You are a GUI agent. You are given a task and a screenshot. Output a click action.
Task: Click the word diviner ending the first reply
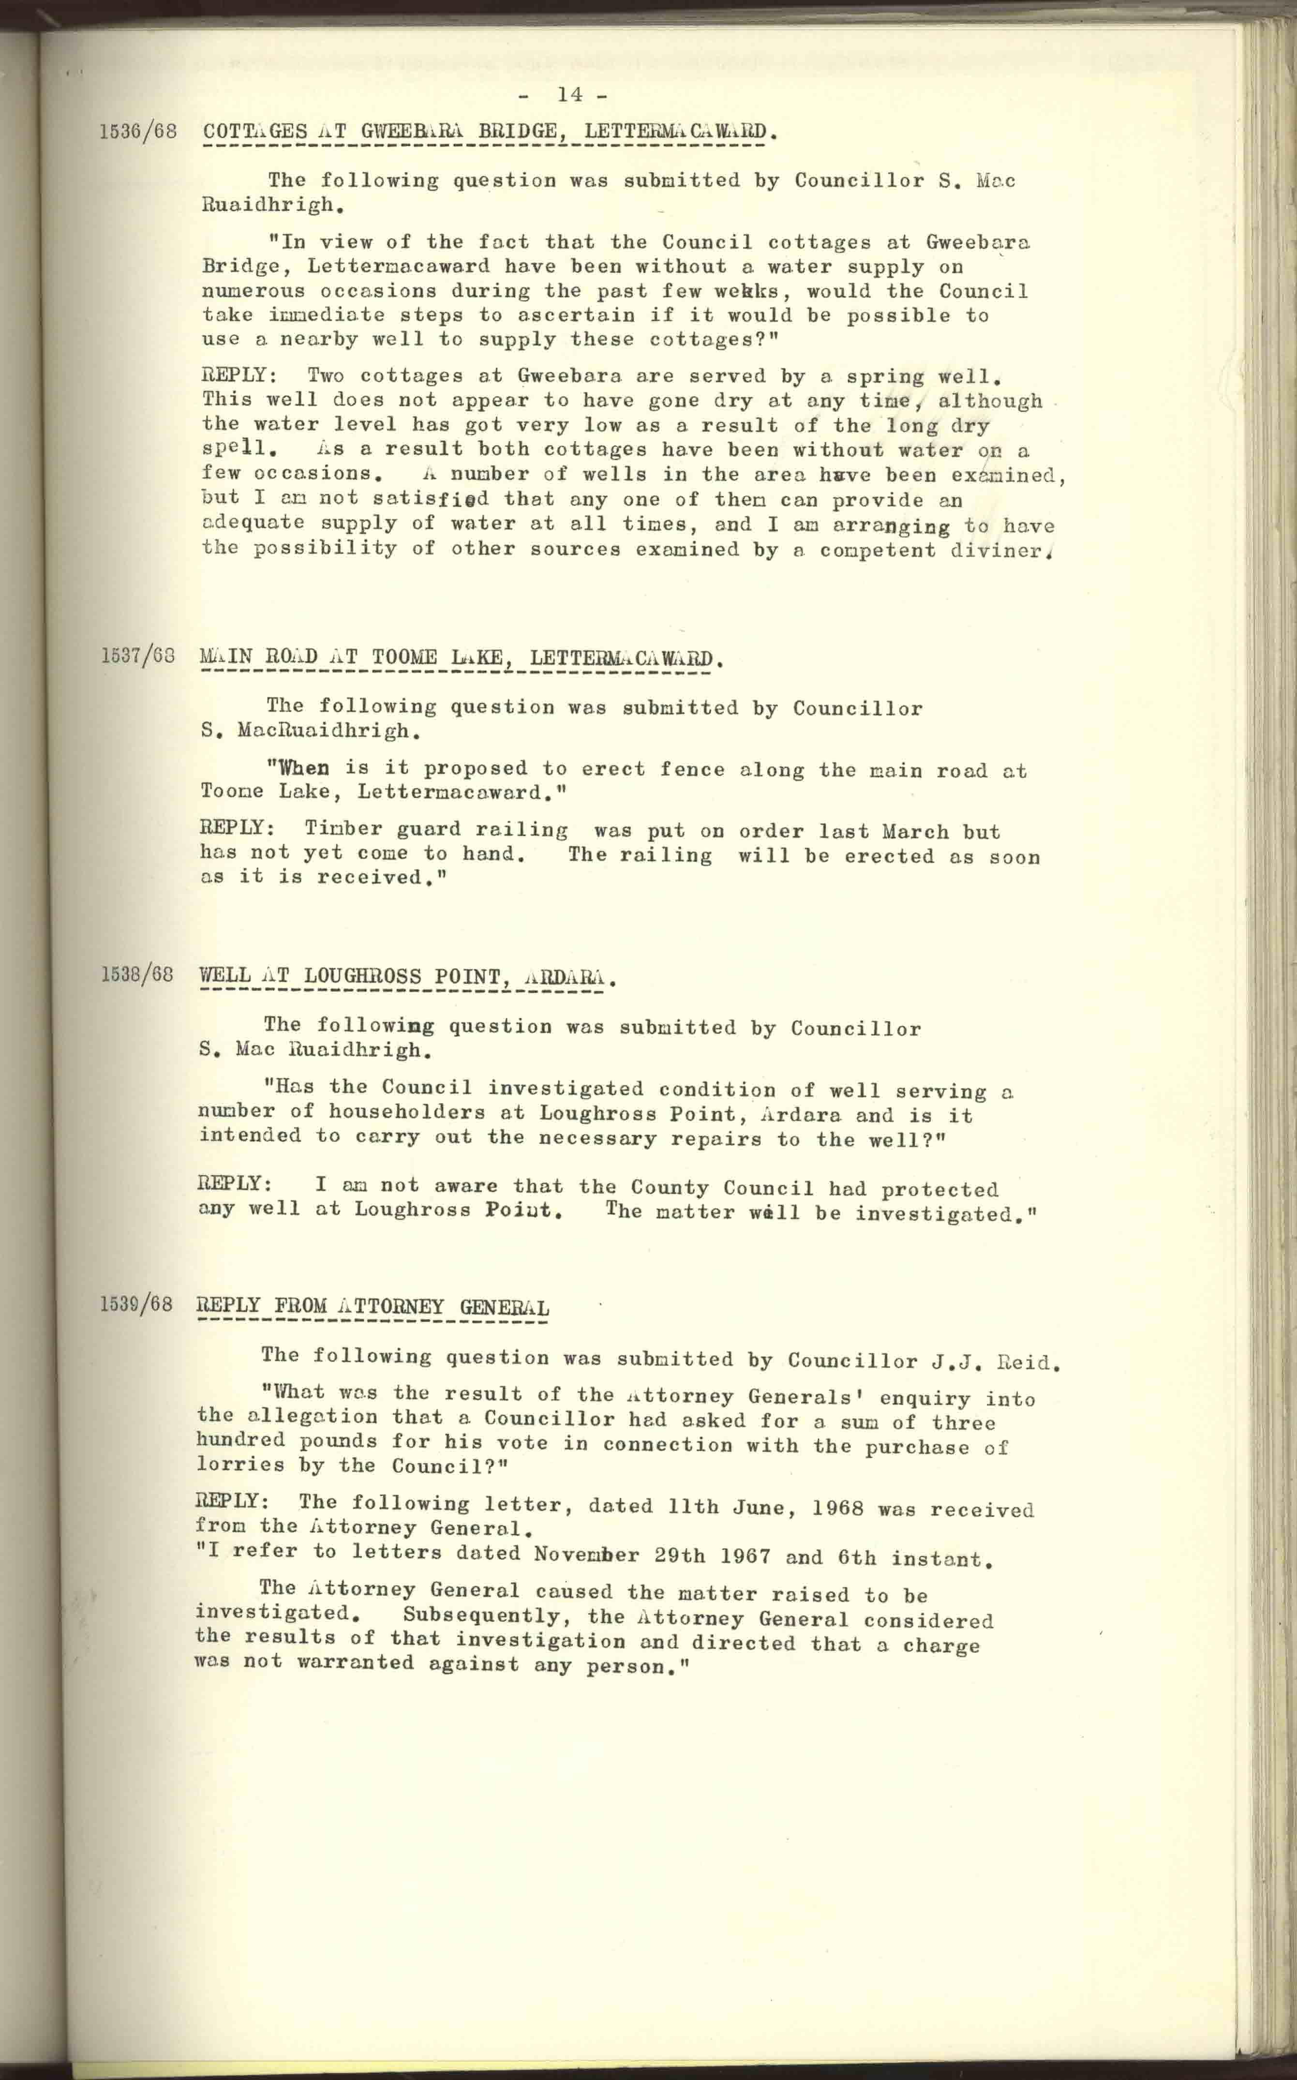pos(1000,551)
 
